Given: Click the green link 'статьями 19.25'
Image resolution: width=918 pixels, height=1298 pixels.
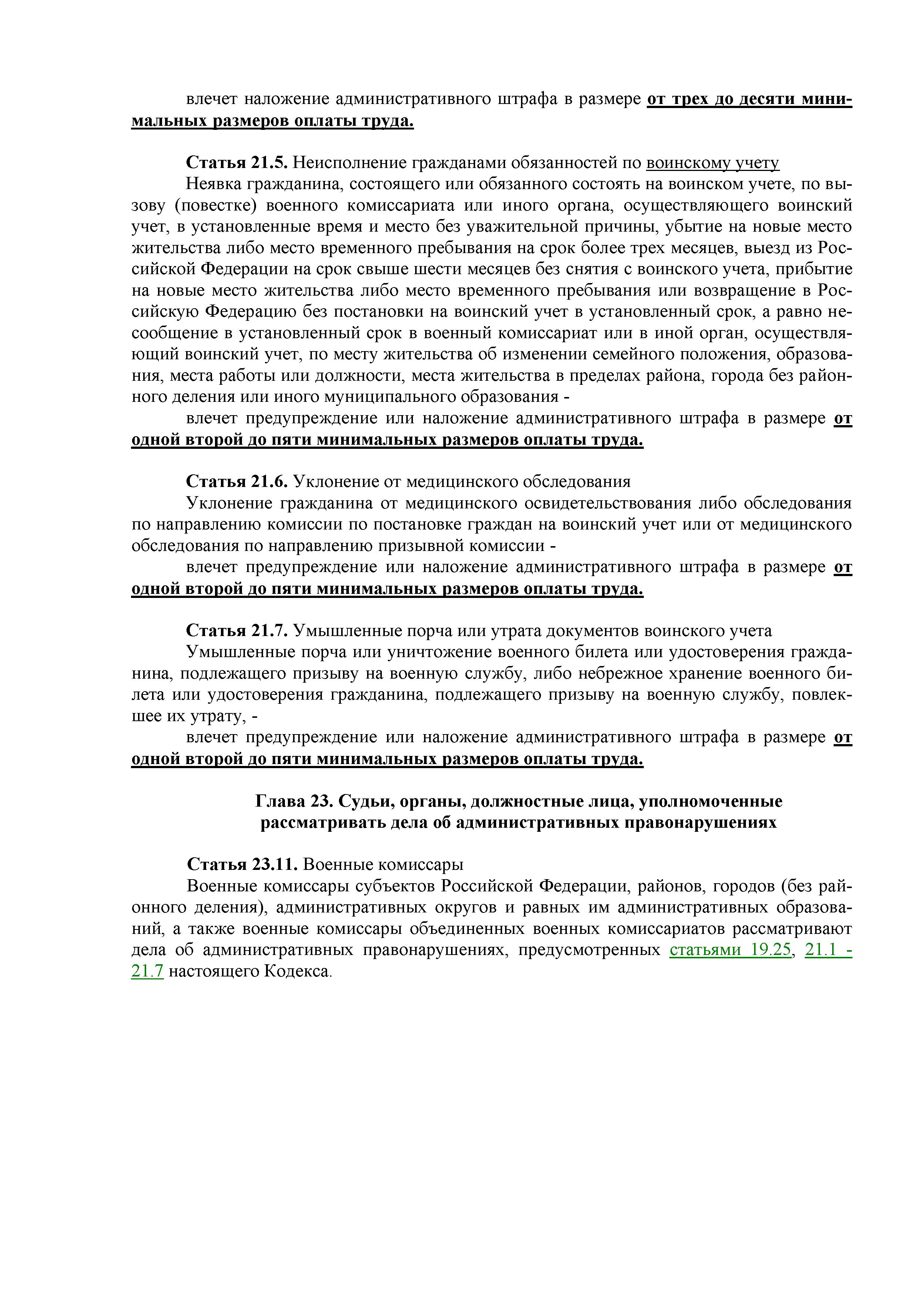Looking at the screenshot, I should (x=729, y=950).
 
